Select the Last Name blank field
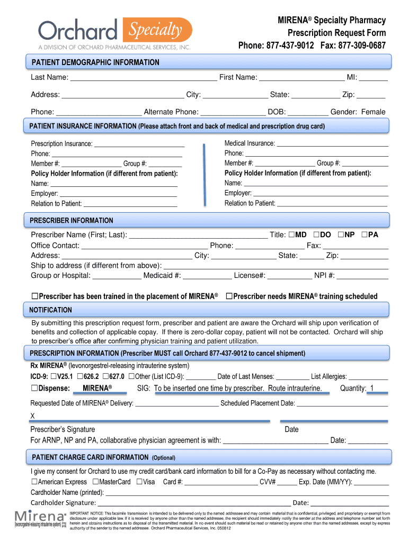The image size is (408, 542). (x=144, y=78)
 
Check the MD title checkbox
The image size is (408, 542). (x=292, y=234)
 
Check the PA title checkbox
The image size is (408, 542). (x=365, y=234)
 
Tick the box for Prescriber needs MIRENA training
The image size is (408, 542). (x=229, y=296)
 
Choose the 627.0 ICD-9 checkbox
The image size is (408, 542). (x=106, y=376)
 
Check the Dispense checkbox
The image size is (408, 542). (x=34, y=389)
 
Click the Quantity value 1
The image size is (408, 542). (x=372, y=389)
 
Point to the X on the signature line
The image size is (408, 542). (x=33, y=415)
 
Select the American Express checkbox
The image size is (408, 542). (x=34, y=482)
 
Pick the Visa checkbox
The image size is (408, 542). (x=139, y=482)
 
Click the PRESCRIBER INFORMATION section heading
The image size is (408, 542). (x=72, y=220)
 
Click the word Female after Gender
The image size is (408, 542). (x=374, y=112)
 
